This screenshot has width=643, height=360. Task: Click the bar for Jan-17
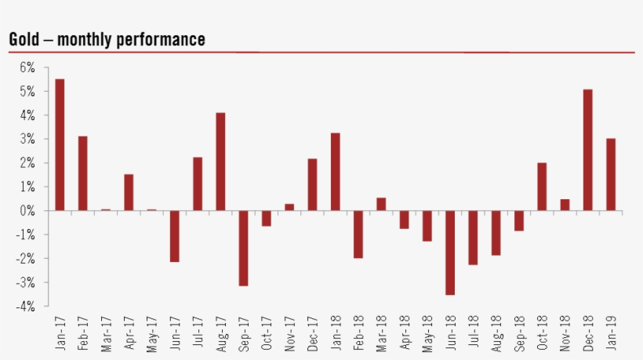(60, 145)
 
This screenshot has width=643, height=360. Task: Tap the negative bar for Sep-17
(243, 248)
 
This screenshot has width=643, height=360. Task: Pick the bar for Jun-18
(450, 253)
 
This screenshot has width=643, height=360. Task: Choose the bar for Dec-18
(587, 150)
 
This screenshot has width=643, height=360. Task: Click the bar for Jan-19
(610, 174)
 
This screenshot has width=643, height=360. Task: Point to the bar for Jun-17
(174, 236)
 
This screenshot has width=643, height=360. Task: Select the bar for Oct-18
(541, 187)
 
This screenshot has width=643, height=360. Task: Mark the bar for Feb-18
(358, 234)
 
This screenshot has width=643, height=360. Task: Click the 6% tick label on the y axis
(27, 68)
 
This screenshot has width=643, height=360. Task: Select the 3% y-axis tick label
(27, 140)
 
